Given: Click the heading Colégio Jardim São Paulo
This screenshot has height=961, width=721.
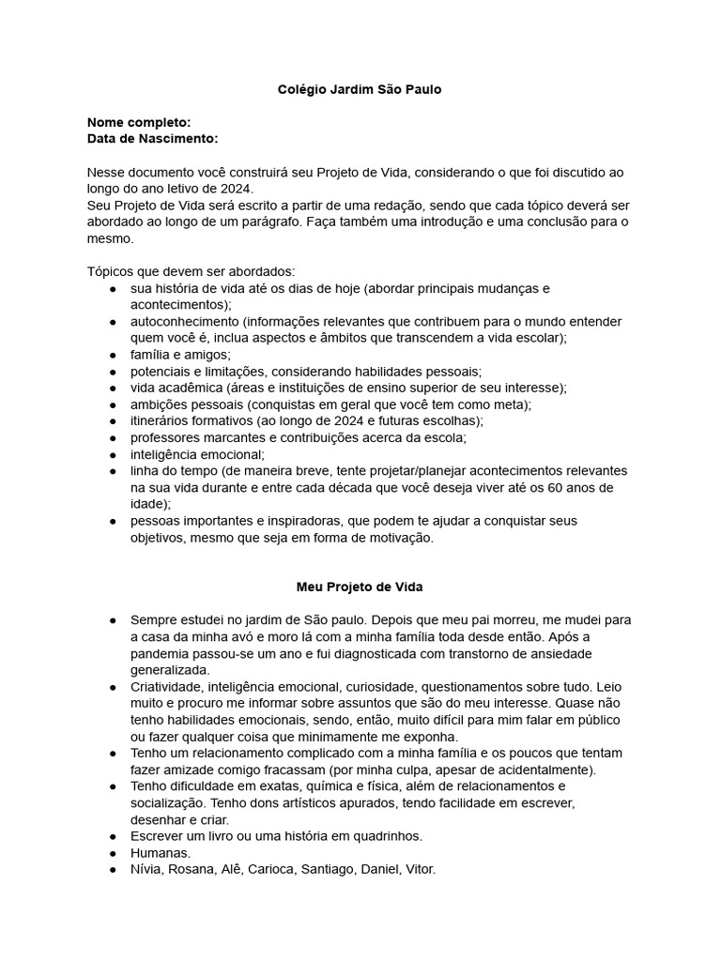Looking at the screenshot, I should pos(360,89).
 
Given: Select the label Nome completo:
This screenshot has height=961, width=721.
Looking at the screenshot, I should pos(139,122).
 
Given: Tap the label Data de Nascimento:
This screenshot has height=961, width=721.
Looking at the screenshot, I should pos(152,139).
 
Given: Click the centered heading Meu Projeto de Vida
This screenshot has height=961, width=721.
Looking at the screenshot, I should pos(360,587).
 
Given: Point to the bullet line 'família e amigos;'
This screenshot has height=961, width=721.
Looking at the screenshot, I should pos(180,354).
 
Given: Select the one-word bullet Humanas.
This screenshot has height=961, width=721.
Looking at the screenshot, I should pos(161,852).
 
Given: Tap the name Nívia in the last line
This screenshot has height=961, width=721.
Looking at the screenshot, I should pos(146,869).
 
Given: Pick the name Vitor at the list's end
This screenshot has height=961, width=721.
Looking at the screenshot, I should pos(419,869).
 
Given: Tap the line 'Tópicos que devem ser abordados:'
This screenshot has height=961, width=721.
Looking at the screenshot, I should pos(191,271).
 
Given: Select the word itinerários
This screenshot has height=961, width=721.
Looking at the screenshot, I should pos(163,420).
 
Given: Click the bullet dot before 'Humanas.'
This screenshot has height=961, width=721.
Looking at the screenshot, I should pos(113,852).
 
